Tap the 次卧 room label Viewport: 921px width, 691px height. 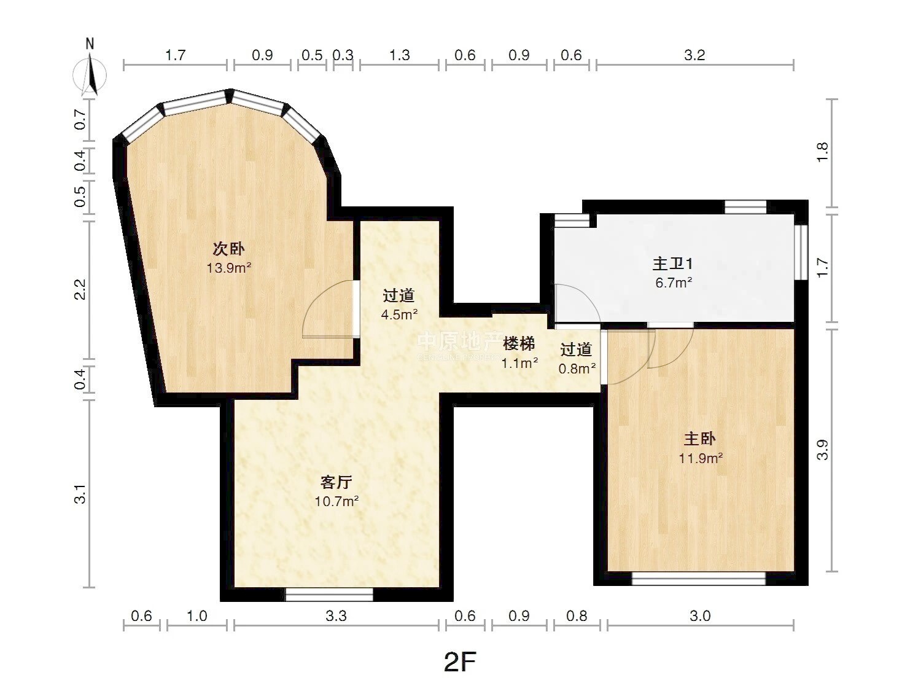coord(228,249)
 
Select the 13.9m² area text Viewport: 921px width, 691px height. coord(228,268)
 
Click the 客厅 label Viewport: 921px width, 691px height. coord(336,482)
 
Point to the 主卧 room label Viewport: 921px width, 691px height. coord(700,439)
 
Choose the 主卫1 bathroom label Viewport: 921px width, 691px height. coord(672,264)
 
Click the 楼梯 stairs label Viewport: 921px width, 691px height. coord(519,344)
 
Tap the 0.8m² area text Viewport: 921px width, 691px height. coord(577,369)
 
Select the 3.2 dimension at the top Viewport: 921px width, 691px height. coord(694,55)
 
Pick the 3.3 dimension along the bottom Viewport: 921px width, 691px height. coord(336,616)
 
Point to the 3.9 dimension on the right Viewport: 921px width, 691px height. coord(822,450)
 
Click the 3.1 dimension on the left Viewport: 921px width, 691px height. coord(80,493)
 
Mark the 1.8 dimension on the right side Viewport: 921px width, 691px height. coord(822,153)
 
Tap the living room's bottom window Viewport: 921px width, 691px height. coord(329,595)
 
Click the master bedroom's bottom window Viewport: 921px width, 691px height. coord(699,579)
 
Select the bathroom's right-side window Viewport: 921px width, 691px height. coord(801,252)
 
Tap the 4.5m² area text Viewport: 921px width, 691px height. coord(399,314)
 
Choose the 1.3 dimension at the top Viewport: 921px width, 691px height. coord(400,55)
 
